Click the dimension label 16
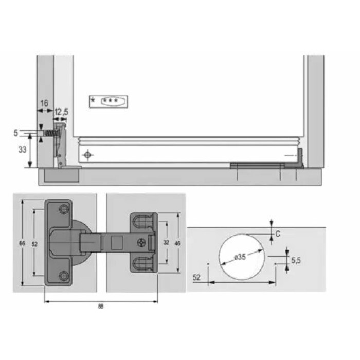click(44, 103)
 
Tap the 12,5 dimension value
click(61, 112)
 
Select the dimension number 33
click(22, 150)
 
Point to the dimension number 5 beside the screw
click(15, 133)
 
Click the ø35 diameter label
click(240, 257)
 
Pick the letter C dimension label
click(278, 234)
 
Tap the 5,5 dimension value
click(296, 260)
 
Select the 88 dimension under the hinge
click(101, 307)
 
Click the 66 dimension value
click(22, 243)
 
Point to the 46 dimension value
click(177, 243)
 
